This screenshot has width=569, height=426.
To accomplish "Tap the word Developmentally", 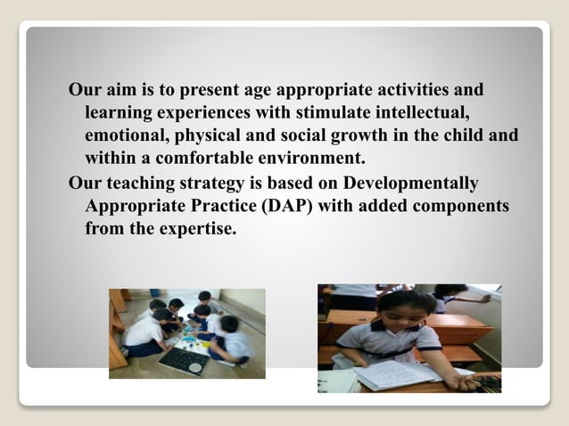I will (409, 184).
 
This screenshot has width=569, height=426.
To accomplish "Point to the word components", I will (453, 207).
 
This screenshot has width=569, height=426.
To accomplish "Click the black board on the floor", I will (184, 361).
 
